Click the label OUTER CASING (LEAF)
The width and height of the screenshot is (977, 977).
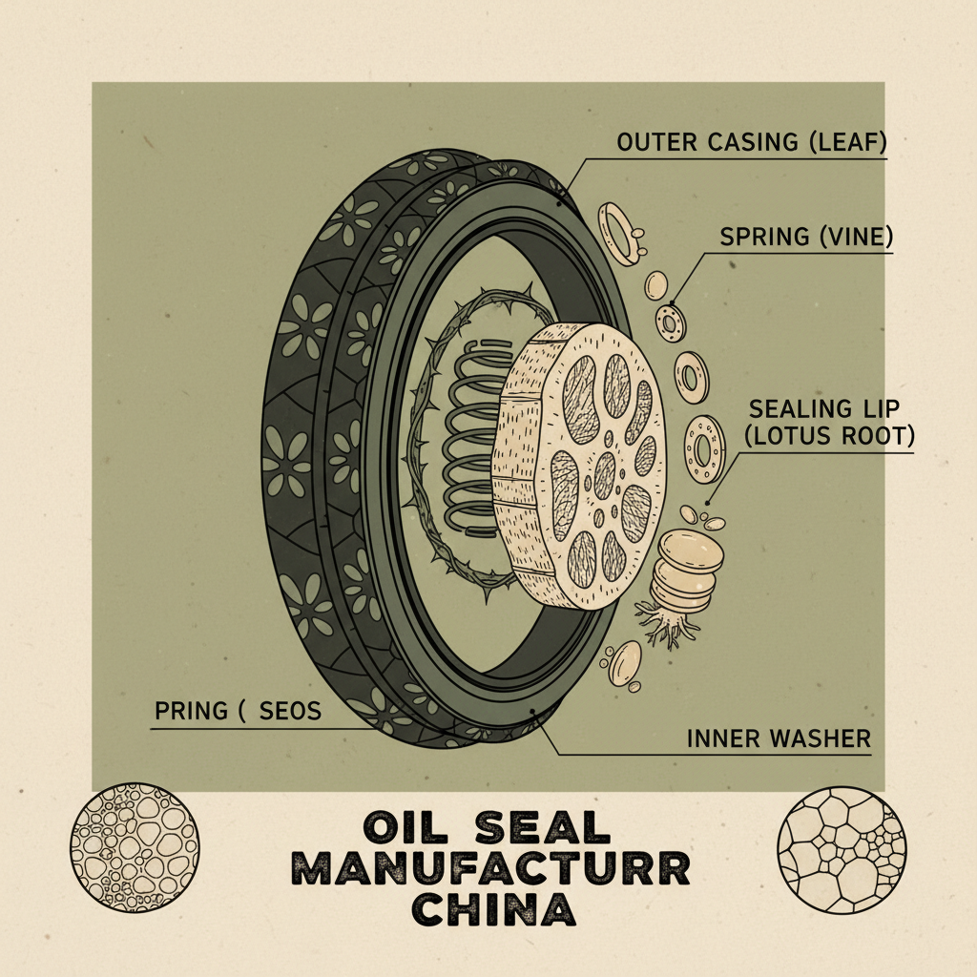(752, 143)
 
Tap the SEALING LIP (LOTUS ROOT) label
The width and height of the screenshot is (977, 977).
(831, 422)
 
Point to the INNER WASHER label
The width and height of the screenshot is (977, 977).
(779, 738)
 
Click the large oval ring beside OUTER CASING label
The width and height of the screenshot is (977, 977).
(619, 233)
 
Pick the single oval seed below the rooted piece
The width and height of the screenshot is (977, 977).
(624, 664)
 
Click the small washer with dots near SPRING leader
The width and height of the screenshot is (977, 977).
(671, 322)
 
